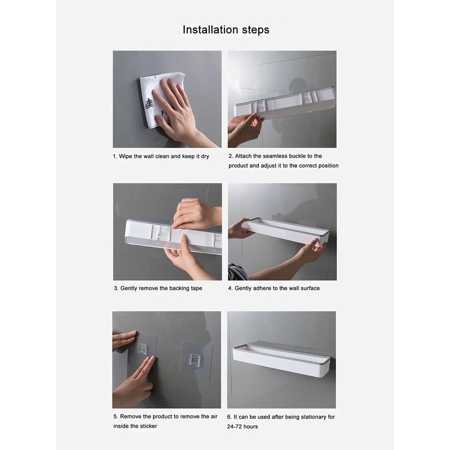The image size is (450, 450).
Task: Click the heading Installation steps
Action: [226, 30]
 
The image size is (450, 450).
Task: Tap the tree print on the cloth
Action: [149, 103]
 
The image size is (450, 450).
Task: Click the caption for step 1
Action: [160, 156]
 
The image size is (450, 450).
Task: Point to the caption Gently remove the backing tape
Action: [157, 288]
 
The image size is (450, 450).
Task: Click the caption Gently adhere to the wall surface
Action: [273, 288]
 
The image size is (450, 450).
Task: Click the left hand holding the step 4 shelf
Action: [239, 228]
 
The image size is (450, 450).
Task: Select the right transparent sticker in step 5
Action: [195, 359]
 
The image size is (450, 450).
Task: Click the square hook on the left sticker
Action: [143, 349]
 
